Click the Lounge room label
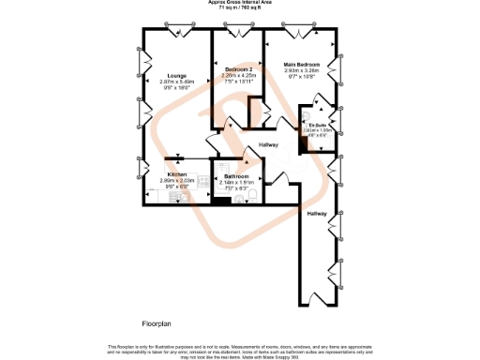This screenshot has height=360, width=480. click(176, 76)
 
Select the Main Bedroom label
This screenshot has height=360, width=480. click(302, 65)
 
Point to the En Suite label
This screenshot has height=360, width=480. click(319, 124)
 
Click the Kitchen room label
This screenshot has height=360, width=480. click(177, 175)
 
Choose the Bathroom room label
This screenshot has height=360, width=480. click(236, 176)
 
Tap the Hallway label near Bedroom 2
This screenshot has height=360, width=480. click(269, 144)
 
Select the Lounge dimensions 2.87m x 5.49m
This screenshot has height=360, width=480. click(176, 82)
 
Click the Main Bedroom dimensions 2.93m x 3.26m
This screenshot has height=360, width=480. click(302, 71)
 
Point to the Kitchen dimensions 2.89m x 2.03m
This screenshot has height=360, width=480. click(177, 182)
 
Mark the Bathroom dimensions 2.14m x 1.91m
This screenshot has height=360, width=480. click(236, 183)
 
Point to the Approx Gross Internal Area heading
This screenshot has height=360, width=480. click(240, 3)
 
